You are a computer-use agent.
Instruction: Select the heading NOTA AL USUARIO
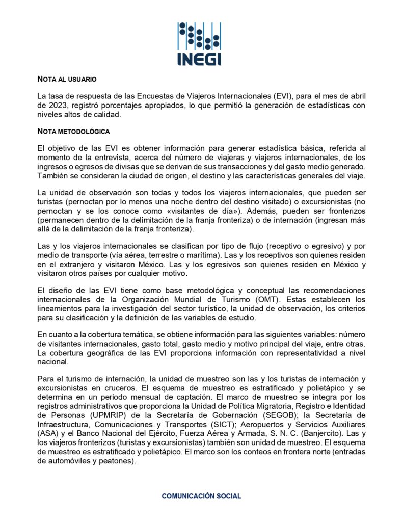pyautogui.click(x=67, y=79)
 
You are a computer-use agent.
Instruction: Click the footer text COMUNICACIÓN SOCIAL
pyautogui.click(x=201, y=495)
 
